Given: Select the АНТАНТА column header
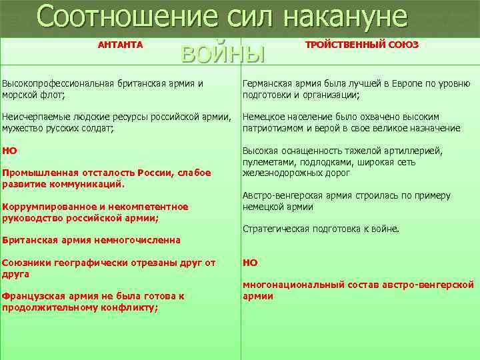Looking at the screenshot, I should tap(120, 44).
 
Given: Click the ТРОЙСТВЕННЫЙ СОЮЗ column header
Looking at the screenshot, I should tap(361, 44).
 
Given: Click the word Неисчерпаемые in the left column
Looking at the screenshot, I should tap(35, 117).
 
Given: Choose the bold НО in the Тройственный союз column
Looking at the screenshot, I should tap(250, 262).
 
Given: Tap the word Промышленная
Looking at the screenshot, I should tap(35, 173).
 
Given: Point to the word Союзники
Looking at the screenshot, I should tap(27, 262).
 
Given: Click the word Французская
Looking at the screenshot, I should tap(33, 295).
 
